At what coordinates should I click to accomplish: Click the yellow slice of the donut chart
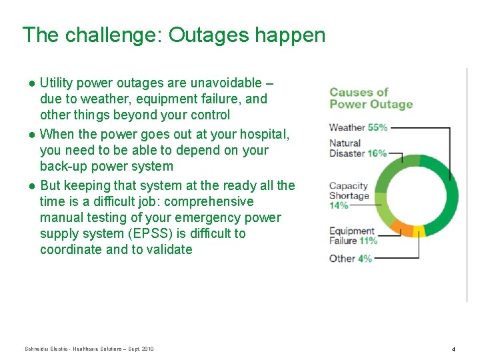click(419, 231)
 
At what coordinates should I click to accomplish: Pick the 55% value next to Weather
click(377, 127)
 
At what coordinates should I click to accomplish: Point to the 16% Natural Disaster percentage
click(377, 153)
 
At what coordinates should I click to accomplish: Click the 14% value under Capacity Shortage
click(339, 205)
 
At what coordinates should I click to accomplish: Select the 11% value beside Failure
click(367, 241)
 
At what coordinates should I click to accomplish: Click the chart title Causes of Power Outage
click(371, 98)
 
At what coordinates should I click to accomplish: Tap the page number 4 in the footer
click(453, 349)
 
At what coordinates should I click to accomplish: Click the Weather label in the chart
click(347, 127)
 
